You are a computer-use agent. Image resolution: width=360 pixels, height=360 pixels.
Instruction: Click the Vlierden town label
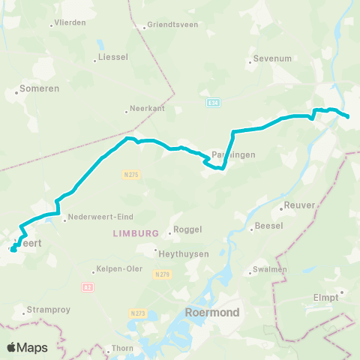[x=71, y=23]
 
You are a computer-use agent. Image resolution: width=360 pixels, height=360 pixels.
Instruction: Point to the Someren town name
[x=34, y=89]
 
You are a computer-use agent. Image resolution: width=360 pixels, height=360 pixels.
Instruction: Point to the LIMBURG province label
[x=136, y=233]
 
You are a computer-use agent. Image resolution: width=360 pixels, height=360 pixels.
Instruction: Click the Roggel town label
[x=187, y=229]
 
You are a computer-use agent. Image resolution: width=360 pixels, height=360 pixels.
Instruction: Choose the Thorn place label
[x=121, y=348]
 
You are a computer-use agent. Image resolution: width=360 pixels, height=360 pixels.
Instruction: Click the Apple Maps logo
[x=27, y=347]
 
